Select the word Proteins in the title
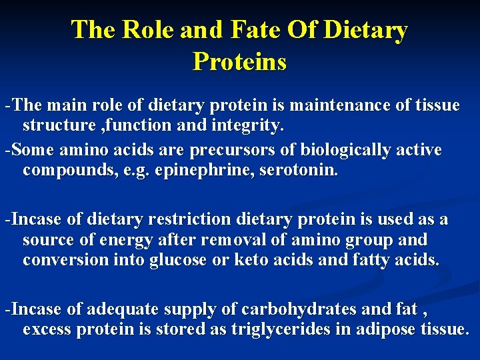click(240, 61)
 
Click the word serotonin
click(299, 170)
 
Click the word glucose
click(181, 259)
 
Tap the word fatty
click(371, 259)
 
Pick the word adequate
click(119, 309)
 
